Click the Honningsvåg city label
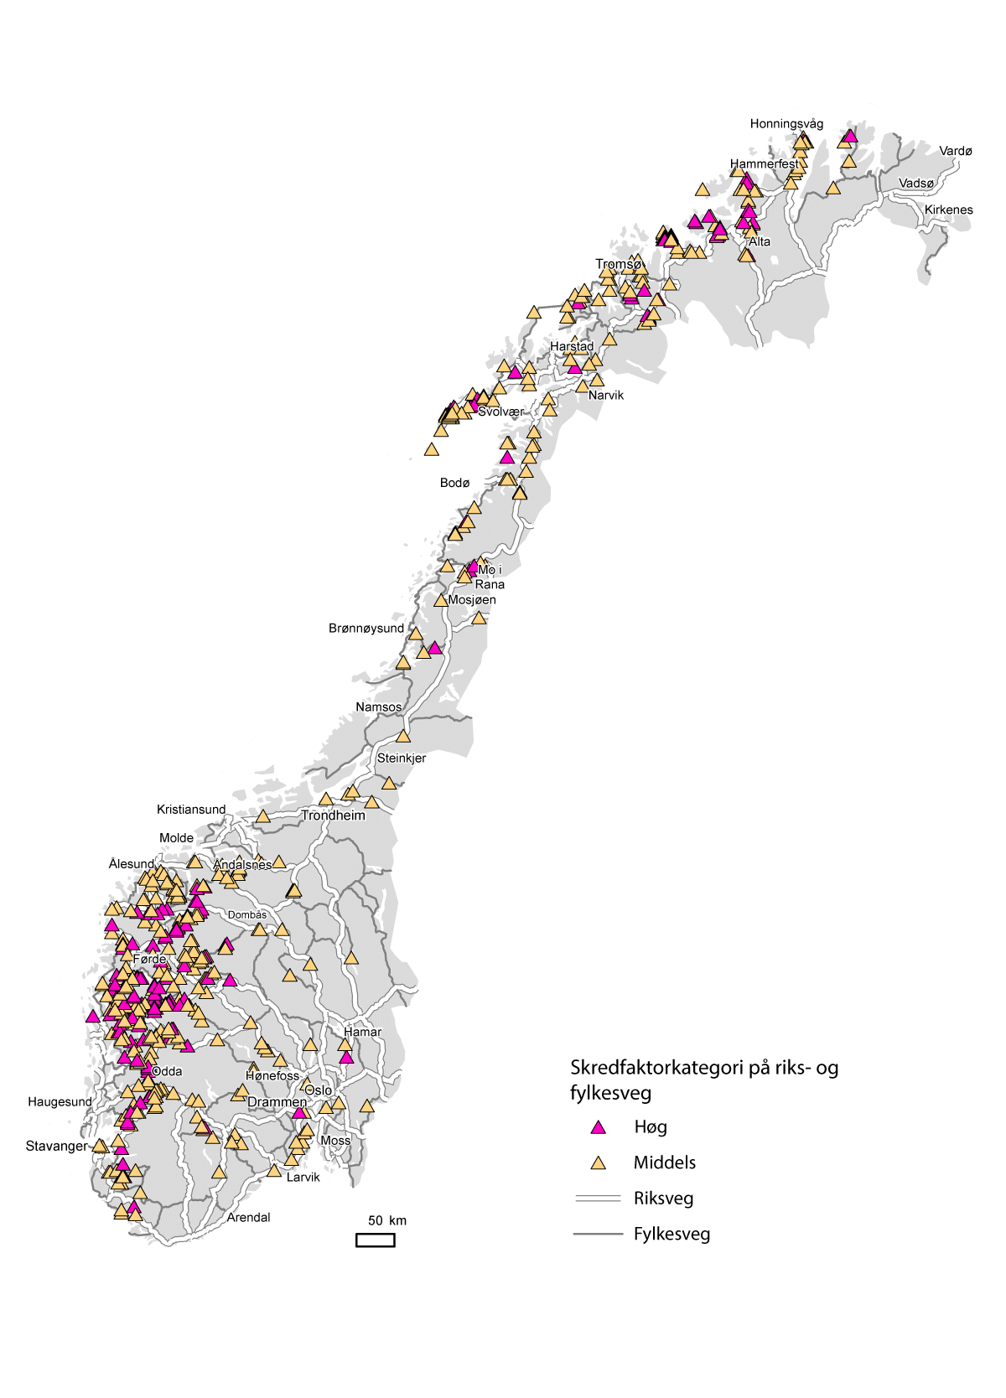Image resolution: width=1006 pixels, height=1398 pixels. [x=786, y=124]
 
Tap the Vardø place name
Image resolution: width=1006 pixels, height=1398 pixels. [x=955, y=152]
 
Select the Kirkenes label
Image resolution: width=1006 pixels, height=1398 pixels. [x=948, y=210]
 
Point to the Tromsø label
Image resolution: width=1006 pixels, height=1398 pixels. [x=618, y=265]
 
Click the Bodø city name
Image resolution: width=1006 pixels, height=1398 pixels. [x=454, y=484]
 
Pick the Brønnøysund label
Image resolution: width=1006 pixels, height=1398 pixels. [x=366, y=629]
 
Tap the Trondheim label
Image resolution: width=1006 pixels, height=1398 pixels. [x=333, y=815]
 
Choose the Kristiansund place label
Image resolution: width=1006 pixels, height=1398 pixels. [x=190, y=810]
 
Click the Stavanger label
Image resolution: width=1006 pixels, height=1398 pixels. [x=56, y=1147]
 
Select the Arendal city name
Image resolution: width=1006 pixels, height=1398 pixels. [x=248, y=1218]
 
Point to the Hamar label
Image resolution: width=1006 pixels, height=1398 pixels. [x=362, y=1033]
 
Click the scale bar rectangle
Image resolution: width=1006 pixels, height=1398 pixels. [x=375, y=1240]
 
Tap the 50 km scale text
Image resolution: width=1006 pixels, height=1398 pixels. [x=386, y=1221]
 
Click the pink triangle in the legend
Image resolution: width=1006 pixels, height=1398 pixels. [x=598, y=1128]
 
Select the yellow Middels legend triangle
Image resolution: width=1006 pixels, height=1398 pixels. [x=598, y=1163]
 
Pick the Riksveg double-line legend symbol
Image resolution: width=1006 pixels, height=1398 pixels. [x=598, y=1199]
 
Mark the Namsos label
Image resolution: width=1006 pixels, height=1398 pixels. [x=378, y=707]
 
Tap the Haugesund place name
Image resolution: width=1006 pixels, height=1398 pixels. [x=60, y=1102]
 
